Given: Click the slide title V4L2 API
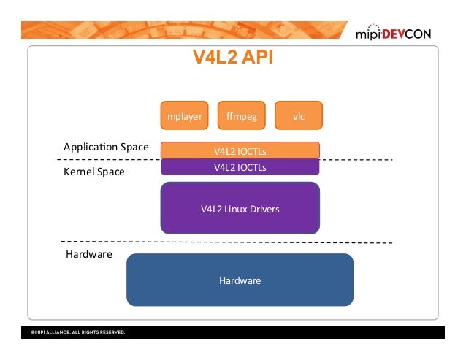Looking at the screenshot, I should point(232,58).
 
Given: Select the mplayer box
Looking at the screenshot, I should point(185,115).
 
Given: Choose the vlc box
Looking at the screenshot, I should point(298,115).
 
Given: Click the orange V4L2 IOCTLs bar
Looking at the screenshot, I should point(240,150).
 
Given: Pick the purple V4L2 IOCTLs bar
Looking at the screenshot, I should point(240,166).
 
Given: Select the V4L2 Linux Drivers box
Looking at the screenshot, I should point(240,208).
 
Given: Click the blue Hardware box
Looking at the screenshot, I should point(240,280).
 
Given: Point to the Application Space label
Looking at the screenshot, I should point(106,148).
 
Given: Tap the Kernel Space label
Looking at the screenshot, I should point(94,172).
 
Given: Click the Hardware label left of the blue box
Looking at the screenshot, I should point(88,255).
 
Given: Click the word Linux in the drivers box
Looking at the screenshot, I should point(234,210).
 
